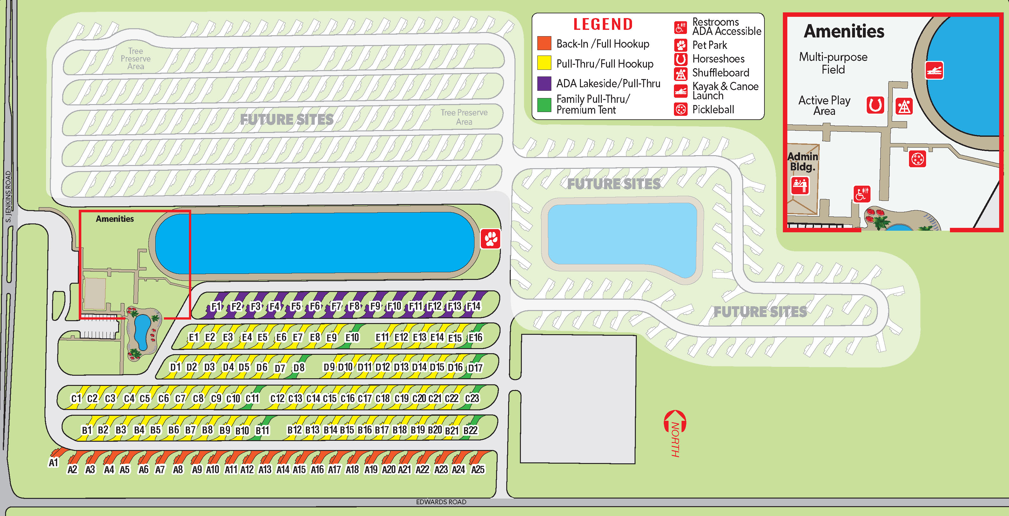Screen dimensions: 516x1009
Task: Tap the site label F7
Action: click(336, 306)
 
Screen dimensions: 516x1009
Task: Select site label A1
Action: click(53, 463)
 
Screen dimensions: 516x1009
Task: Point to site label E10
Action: click(352, 337)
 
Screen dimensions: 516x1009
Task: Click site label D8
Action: click(299, 367)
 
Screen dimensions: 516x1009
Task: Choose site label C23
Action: click(472, 399)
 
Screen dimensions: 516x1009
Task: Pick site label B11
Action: click(262, 431)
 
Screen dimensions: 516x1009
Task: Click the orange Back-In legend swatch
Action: click(544, 43)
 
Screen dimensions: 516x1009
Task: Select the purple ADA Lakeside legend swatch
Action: click(544, 83)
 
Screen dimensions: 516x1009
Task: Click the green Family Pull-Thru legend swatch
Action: click(544, 104)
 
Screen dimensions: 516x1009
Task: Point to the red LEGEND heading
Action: click(603, 24)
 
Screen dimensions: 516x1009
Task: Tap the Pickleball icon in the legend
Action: click(681, 109)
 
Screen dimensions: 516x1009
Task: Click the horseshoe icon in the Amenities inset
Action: click(875, 105)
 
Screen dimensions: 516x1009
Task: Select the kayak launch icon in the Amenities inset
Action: click(934, 70)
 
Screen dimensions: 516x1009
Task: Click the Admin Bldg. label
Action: click(803, 161)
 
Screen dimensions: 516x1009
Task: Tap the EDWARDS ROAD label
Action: click(441, 502)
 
